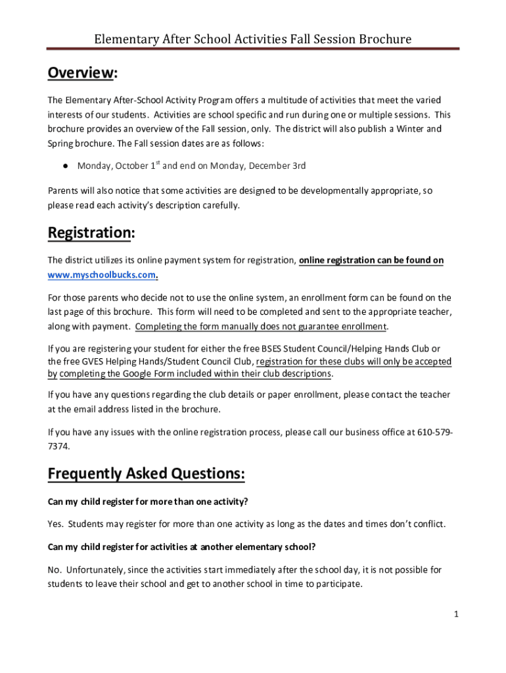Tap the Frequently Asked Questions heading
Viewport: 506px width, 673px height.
tap(147, 473)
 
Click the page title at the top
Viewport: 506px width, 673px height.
tap(253, 39)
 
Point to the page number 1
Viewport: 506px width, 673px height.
tap(455, 614)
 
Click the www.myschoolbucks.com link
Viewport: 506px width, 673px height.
tap(103, 275)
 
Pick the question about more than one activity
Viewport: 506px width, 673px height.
tap(148, 501)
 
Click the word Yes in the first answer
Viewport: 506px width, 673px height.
tap(55, 524)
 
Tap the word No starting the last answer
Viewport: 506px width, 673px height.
tap(54, 569)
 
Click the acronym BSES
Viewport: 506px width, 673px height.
tap(263, 348)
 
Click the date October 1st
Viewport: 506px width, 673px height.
tap(138, 166)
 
